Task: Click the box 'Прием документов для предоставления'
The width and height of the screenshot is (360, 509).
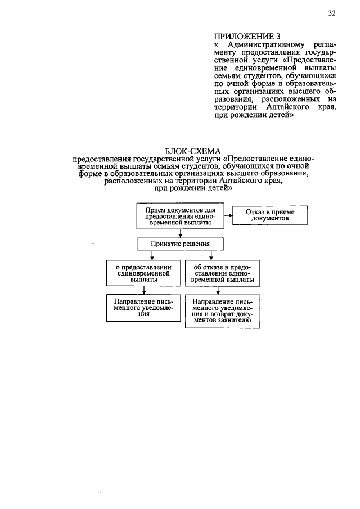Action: tap(180, 215)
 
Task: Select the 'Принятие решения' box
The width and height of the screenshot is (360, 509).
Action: tap(180, 244)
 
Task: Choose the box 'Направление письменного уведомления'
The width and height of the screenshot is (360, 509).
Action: tap(145, 308)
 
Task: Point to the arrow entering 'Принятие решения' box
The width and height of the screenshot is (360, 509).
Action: tap(180, 233)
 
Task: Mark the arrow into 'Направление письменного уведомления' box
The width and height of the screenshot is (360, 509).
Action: tap(145, 290)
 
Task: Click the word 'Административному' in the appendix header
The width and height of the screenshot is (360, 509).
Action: tap(264, 44)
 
